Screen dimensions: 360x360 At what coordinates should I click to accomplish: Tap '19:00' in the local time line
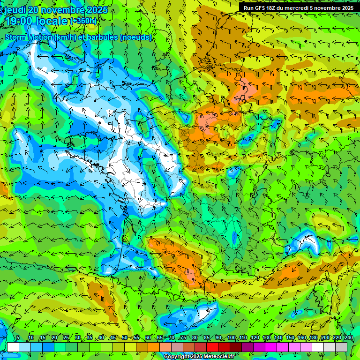18,21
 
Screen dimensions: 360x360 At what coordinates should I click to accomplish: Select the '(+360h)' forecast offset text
84,21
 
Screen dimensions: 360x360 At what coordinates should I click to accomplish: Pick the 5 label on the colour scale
17,338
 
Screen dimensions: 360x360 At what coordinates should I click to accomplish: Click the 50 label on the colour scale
125,338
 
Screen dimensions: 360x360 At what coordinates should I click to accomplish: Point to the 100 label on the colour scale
231,338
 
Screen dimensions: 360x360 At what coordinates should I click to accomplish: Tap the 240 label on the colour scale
348,338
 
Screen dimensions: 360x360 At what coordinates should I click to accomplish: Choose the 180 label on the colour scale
314,338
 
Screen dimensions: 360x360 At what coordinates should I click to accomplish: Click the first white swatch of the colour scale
13,347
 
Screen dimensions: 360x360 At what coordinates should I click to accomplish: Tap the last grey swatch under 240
341,347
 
